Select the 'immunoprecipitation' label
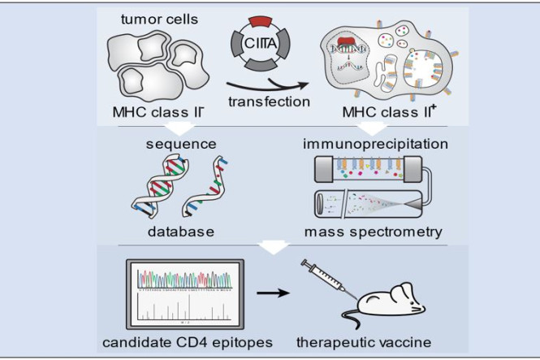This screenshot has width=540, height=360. tap(375, 145)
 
